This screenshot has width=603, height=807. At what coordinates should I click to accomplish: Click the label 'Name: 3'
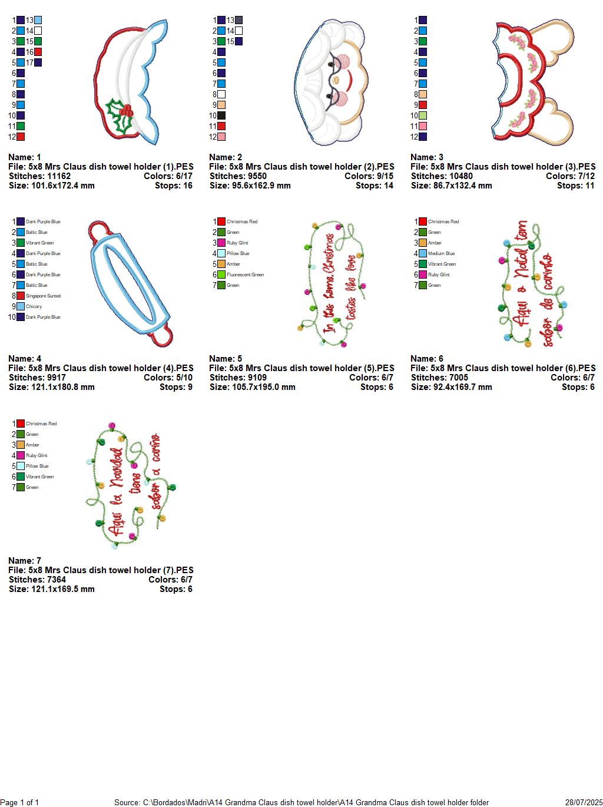427,157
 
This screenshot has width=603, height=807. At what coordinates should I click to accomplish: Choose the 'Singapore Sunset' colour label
43,296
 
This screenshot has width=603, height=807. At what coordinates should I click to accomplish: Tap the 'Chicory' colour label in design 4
34,306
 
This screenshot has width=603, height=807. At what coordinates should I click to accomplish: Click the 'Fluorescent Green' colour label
245,274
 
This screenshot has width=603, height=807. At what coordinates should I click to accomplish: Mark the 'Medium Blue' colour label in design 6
441,253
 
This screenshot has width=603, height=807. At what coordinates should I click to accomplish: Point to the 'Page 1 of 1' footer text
19,802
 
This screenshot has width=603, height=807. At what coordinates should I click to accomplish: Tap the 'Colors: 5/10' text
168,378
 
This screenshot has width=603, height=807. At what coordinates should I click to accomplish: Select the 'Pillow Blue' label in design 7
37,466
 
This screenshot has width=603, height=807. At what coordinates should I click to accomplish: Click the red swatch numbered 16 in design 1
38,52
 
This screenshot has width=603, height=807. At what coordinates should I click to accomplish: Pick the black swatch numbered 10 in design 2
221,115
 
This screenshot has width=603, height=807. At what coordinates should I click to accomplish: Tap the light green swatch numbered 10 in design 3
423,115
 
